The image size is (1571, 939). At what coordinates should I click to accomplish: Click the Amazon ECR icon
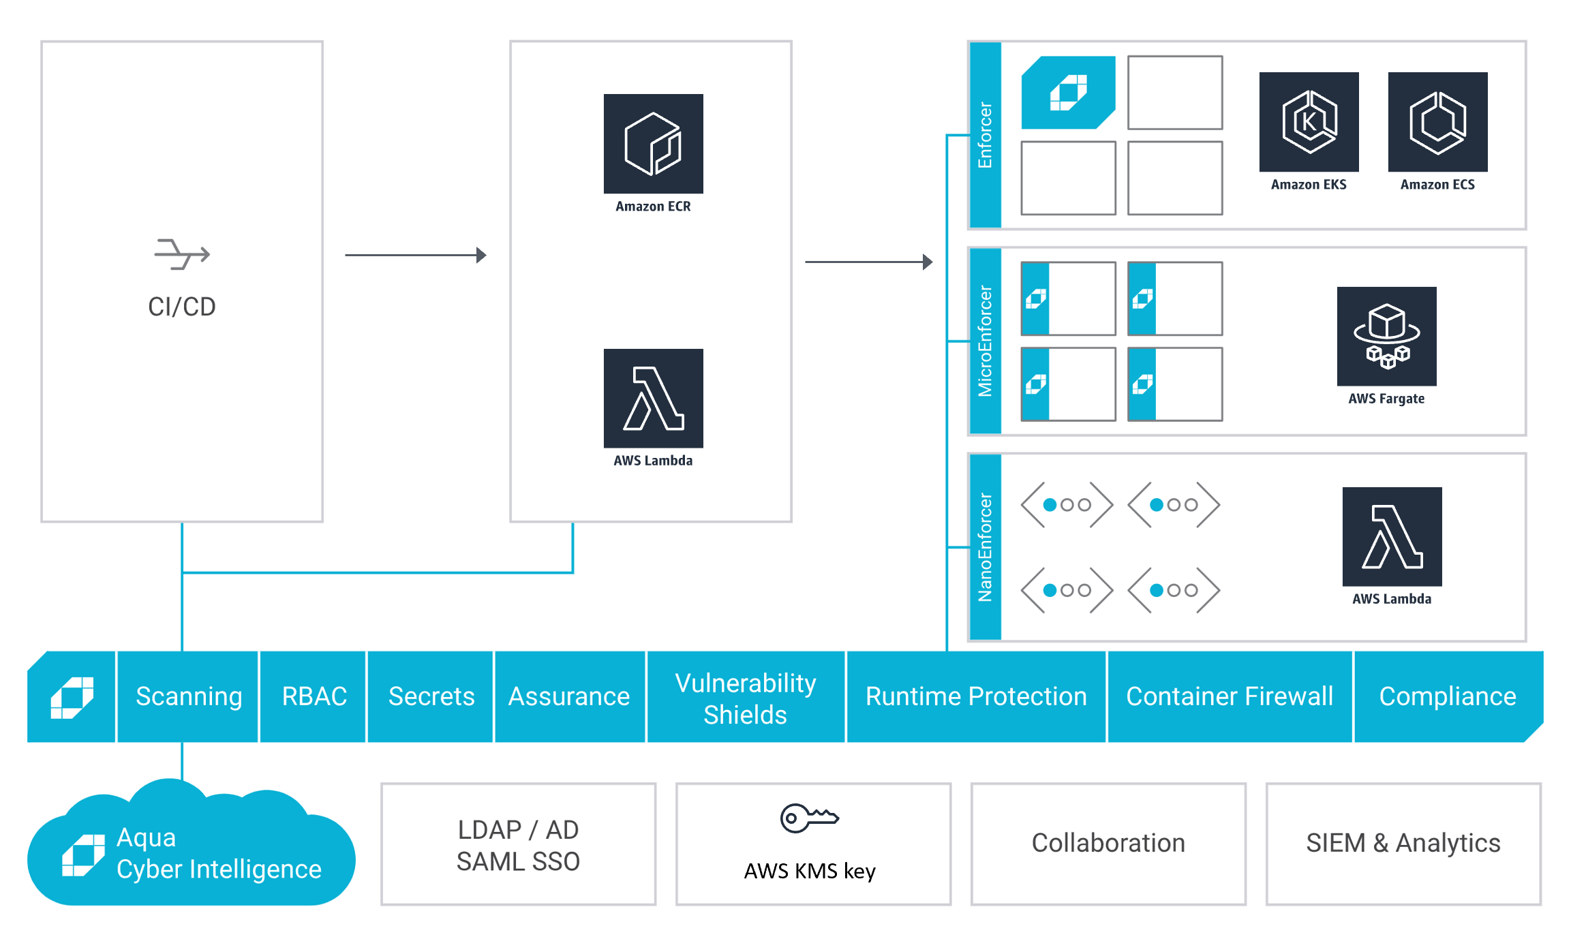[x=653, y=144]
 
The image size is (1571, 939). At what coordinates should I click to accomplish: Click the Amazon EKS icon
[x=1308, y=122]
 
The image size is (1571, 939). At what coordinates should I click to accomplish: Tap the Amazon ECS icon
[x=1437, y=122]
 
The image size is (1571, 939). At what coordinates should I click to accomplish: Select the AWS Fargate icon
[x=1386, y=336]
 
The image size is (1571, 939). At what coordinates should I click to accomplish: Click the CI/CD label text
[x=182, y=307]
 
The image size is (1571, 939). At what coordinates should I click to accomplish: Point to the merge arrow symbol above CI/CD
[x=182, y=254]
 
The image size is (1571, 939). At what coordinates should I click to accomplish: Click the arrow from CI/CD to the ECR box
[x=415, y=255]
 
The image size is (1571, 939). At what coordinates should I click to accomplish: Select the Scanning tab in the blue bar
[x=189, y=696]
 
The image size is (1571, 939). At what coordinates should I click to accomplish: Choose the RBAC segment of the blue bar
[x=314, y=696]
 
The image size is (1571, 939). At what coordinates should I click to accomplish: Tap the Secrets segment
[x=431, y=696]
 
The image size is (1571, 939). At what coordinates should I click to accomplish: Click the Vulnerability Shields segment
[x=745, y=698]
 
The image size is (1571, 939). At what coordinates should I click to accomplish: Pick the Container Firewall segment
[x=1229, y=696]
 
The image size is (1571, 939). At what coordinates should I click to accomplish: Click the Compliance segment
[x=1447, y=696]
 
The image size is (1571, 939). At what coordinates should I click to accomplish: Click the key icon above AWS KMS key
[x=808, y=818]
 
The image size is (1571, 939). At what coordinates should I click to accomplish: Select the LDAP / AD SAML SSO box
[x=518, y=845]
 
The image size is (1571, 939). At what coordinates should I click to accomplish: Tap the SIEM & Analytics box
[x=1403, y=844]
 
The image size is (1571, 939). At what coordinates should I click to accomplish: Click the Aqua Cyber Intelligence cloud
[x=191, y=852]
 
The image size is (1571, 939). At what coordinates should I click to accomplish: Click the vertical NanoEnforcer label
[x=985, y=547]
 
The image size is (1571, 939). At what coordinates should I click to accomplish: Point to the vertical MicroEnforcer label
[x=985, y=341]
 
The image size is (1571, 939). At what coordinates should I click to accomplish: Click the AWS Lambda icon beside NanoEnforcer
[x=1391, y=536]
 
